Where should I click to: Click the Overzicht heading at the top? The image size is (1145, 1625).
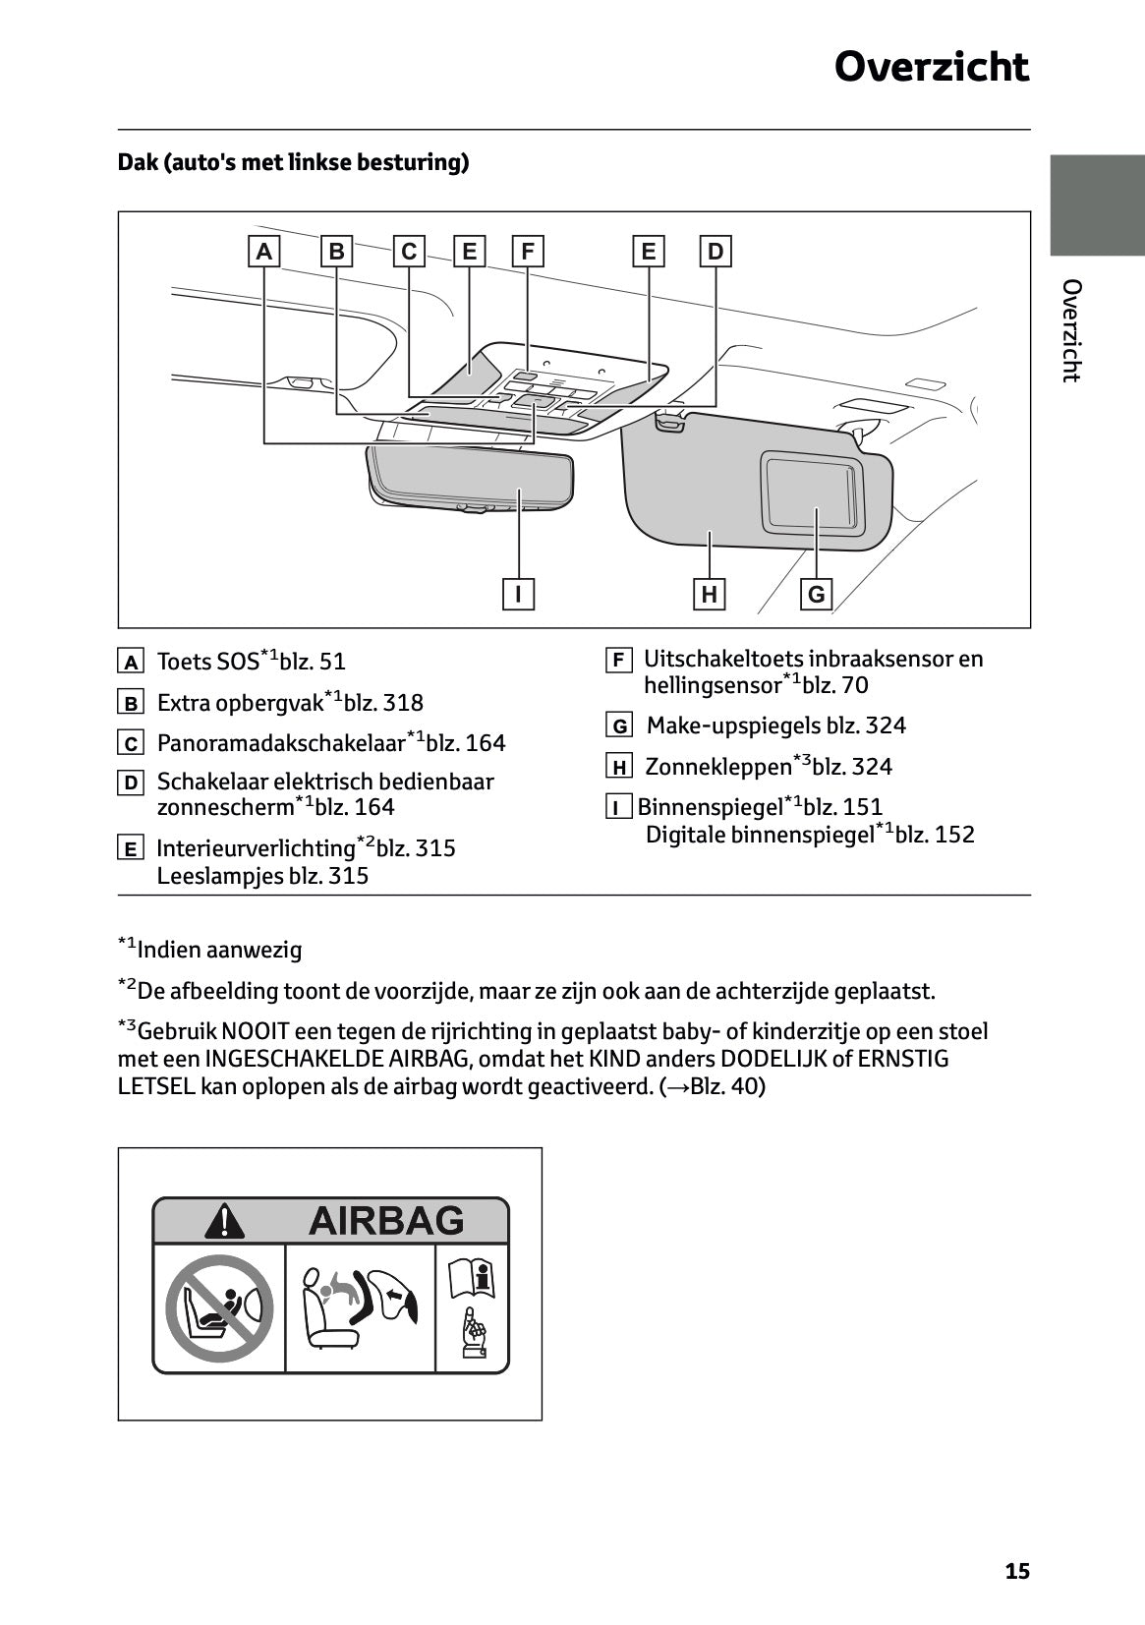point(931,68)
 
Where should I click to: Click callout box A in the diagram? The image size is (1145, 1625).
point(263,252)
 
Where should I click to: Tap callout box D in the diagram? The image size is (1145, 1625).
point(715,252)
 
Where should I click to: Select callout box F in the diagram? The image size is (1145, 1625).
point(528,252)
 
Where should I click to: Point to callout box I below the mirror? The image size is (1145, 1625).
point(518,594)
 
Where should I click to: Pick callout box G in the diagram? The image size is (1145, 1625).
point(816,594)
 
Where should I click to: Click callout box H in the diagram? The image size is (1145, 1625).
point(709,594)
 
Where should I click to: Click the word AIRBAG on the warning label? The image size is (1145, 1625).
point(385,1220)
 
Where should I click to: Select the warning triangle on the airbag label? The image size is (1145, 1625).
point(225,1221)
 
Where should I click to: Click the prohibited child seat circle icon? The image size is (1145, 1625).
point(218,1307)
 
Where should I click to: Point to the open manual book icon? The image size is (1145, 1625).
point(472,1279)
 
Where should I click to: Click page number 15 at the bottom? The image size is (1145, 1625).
point(1017,1571)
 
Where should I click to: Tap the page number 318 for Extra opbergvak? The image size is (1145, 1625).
point(403,703)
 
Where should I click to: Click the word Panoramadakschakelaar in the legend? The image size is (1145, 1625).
point(281,743)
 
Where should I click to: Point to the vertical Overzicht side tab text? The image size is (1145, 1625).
point(1071,330)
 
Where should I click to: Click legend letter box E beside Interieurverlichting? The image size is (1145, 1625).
point(130,848)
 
